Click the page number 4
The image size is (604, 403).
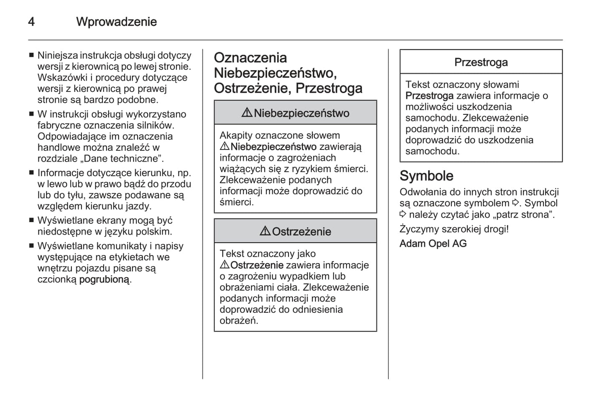pyautogui.click(x=31, y=22)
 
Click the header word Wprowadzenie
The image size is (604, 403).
pyautogui.click(x=116, y=22)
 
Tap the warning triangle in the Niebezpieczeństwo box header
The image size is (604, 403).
pyautogui.click(x=247, y=113)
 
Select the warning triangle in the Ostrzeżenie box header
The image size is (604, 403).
pyautogui.click(x=265, y=231)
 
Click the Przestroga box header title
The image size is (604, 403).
pyautogui.click(x=481, y=62)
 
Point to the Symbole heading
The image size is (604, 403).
pyautogui.click(x=426, y=176)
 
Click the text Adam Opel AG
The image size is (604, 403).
pyautogui.click(x=433, y=243)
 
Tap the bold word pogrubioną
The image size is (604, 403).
pyautogui.click(x=104, y=279)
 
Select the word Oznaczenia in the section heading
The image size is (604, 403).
pyautogui.click(x=250, y=58)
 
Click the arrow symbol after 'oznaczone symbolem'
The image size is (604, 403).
pyautogui.click(x=516, y=203)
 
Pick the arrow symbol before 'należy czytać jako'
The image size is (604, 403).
pyautogui.click(x=403, y=214)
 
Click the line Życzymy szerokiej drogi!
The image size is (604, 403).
pyautogui.click(x=454, y=229)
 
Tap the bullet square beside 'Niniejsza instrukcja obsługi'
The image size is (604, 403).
pyautogui.click(x=31, y=56)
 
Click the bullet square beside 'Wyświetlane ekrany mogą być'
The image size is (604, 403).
pyautogui.click(x=31, y=221)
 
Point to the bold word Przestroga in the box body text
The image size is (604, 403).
pyautogui.click(x=429, y=96)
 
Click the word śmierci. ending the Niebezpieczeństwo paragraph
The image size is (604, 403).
pyautogui.click(x=237, y=202)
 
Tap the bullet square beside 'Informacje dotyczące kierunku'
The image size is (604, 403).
pyautogui.click(x=31, y=173)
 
